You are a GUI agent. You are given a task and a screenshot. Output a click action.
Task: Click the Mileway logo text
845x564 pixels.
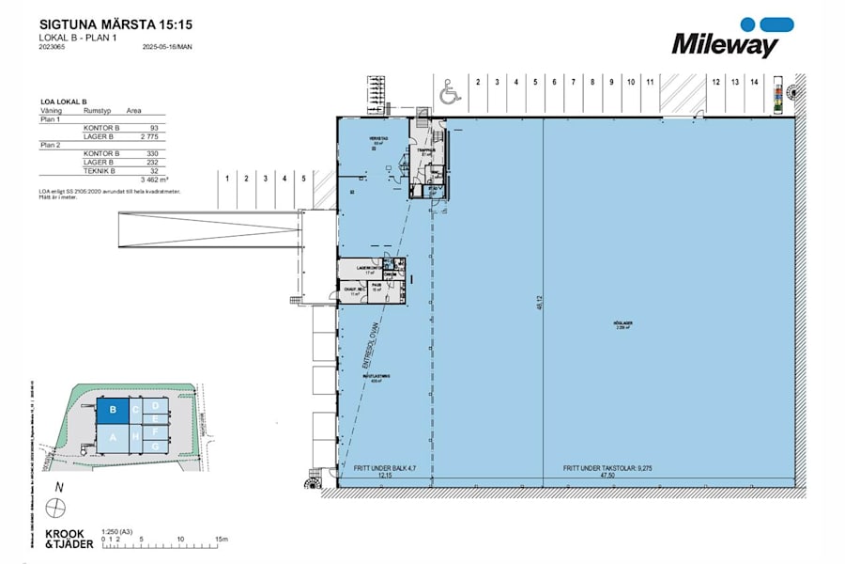pos(724,43)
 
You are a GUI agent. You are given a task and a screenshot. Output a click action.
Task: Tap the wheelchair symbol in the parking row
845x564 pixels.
pos(449,93)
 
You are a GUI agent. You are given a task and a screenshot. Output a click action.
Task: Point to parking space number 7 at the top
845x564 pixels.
pos(573,83)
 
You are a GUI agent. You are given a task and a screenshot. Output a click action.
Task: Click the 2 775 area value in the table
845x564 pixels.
pos(145,135)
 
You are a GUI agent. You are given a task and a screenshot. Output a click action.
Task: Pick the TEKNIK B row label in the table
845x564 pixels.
pos(100,170)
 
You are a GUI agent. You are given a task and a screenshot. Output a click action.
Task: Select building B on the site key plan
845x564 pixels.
pos(113,410)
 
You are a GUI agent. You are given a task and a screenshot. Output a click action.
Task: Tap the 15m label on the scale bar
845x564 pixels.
pos(222,539)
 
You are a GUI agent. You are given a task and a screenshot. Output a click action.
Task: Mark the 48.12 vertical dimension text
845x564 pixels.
pos(540,303)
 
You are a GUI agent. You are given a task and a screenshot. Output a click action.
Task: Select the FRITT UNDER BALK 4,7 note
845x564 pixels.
pos(385,467)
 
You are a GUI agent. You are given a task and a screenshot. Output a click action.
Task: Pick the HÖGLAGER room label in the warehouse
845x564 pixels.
pos(623,322)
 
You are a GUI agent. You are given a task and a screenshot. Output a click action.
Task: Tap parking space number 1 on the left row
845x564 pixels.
pos(226,177)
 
